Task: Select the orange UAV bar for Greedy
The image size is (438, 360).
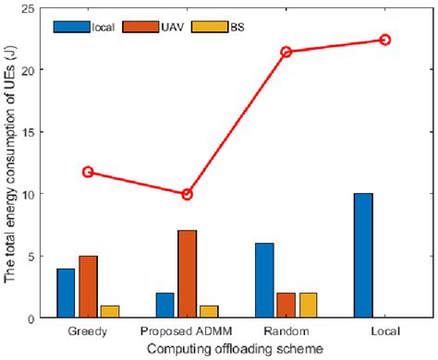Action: click(x=88, y=287)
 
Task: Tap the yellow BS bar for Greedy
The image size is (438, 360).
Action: click(x=110, y=312)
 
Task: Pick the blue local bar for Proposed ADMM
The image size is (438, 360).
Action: click(x=164, y=306)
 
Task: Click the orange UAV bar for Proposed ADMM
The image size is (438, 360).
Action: click(x=187, y=274)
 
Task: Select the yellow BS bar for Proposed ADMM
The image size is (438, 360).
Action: click(x=209, y=312)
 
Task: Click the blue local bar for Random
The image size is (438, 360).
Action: click(x=263, y=281)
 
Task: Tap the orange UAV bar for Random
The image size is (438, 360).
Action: click(x=286, y=306)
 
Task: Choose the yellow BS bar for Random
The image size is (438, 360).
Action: click(x=308, y=306)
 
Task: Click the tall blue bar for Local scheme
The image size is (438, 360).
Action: click(x=362, y=256)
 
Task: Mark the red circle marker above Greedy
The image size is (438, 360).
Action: click(x=88, y=172)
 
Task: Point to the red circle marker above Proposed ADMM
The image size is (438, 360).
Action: click(x=187, y=194)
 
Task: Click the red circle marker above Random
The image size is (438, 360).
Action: click(x=286, y=52)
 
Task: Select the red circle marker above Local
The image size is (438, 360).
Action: click(x=385, y=40)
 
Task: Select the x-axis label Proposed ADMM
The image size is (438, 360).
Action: click(x=187, y=330)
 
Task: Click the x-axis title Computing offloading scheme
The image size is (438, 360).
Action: click(x=236, y=348)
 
